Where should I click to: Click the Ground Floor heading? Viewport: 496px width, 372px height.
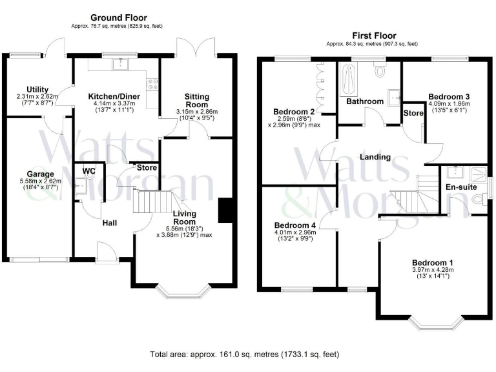click(x=118, y=17)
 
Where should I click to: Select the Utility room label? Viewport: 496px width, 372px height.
click(x=37, y=89)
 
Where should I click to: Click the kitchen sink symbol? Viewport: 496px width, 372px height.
click(x=121, y=64)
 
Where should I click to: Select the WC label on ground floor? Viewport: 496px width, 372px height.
click(x=89, y=170)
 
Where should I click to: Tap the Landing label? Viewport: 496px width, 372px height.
click(x=375, y=157)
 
